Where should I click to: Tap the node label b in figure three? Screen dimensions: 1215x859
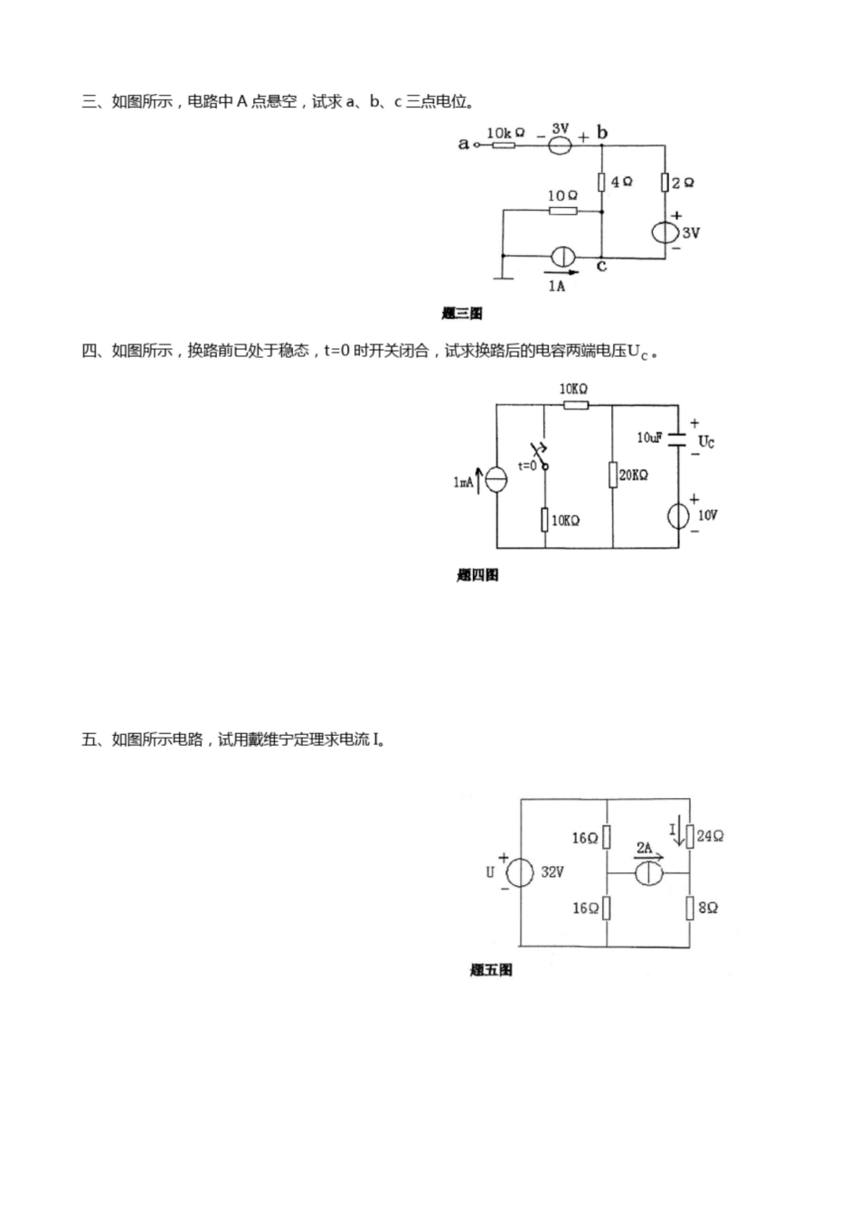point(602,134)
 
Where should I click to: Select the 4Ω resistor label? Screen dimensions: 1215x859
point(621,182)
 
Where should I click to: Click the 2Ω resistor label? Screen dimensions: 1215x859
point(684,183)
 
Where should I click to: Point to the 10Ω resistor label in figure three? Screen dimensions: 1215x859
point(562,195)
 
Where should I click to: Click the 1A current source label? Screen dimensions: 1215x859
point(557,286)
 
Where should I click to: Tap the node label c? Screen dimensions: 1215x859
point(602,266)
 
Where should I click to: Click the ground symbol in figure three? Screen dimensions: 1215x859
point(503,275)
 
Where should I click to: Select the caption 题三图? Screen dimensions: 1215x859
point(462,314)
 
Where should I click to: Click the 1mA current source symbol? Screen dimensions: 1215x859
point(496,480)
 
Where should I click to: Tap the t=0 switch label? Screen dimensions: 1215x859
point(527,466)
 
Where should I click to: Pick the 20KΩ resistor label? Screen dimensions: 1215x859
point(633,475)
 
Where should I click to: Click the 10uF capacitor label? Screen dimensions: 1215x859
point(649,438)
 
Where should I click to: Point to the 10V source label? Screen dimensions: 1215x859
point(706,515)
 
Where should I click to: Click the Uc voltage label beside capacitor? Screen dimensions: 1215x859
point(706,443)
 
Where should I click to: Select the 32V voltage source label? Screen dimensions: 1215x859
point(552,872)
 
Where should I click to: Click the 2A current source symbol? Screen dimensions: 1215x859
point(648,874)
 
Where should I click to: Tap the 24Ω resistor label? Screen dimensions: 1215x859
point(710,836)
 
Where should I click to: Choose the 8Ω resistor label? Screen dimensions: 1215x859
point(708,908)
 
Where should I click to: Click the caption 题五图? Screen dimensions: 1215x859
point(491,970)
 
